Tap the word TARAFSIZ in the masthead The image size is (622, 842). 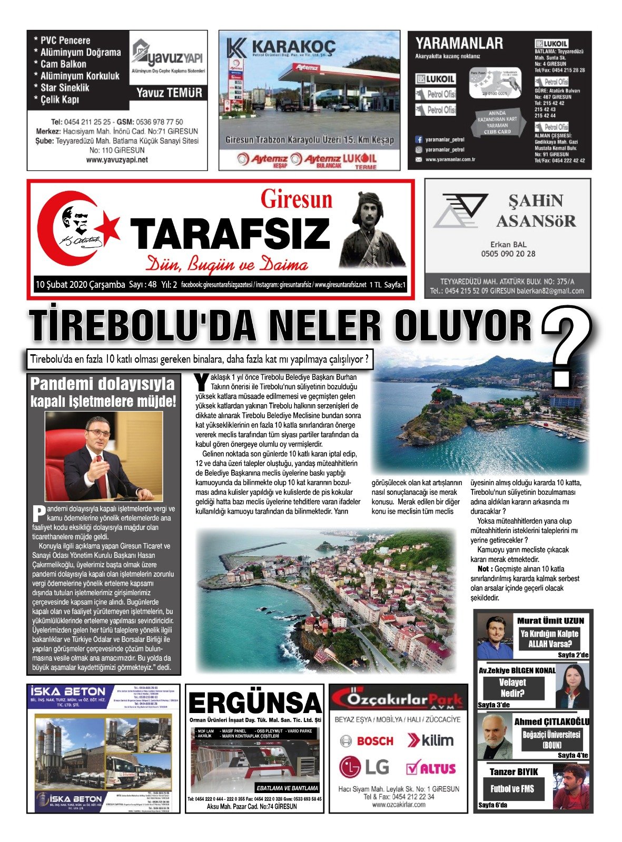coord(230,234)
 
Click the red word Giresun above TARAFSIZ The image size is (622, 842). coord(297,199)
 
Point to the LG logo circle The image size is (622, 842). coord(350,767)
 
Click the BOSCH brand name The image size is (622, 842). coord(374,741)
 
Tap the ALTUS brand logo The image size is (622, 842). coord(431,768)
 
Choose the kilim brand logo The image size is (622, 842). coord(430,740)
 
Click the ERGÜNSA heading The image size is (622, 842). coord(254,703)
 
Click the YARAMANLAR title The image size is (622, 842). coord(459,43)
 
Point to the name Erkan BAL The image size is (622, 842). coord(508,244)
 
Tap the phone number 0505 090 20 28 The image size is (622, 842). coord(508,254)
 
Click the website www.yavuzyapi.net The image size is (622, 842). coord(117,160)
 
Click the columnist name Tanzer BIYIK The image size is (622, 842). coord(514,771)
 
